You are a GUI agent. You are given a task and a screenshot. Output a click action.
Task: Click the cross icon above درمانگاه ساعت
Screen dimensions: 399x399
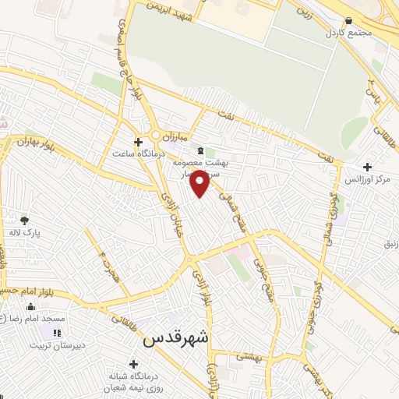click(x=139, y=143)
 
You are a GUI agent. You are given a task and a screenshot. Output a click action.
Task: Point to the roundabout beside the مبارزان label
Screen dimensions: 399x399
click(x=156, y=135)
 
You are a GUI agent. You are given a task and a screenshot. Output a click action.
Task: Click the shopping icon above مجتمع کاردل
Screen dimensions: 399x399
click(x=348, y=22)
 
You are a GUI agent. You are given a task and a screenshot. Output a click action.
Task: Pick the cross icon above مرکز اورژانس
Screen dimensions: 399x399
click(x=368, y=167)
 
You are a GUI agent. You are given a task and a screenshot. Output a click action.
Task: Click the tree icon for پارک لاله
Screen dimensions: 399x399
click(x=25, y=220)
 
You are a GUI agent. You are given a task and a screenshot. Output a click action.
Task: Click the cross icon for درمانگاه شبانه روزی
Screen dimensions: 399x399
click(x=134, y=364)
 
